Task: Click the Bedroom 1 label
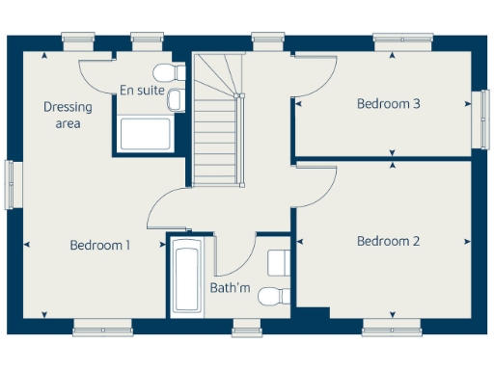100,246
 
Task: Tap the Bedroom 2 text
388,241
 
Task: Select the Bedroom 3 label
388,104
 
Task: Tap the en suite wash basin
175,99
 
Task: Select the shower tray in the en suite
145,135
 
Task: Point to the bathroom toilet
276,294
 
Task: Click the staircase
217,116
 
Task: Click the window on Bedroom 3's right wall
480,119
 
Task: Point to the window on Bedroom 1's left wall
12,183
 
